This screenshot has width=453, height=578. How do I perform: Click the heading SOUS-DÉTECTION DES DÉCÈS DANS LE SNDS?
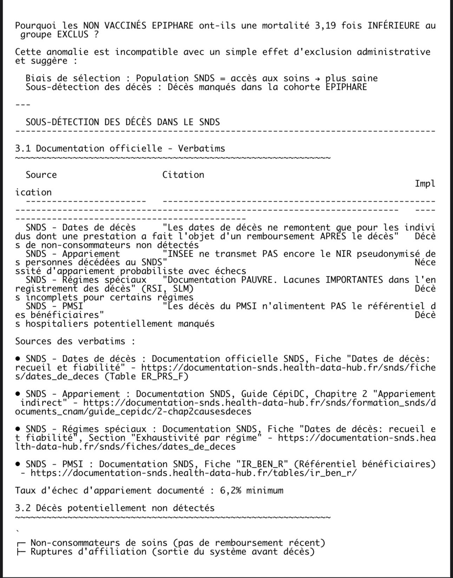(123, 122)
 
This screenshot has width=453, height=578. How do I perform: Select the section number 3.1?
(22, 149)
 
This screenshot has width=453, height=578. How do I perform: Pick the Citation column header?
(183, 175)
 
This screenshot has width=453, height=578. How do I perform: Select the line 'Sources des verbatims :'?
(75, 341)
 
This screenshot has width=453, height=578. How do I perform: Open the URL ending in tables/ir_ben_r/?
(193, 473)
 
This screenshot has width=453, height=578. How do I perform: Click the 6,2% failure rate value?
(230, 491)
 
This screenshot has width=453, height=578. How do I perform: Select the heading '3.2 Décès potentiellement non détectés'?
(114, 508)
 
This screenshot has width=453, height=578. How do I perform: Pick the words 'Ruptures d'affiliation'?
(88, 552)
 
